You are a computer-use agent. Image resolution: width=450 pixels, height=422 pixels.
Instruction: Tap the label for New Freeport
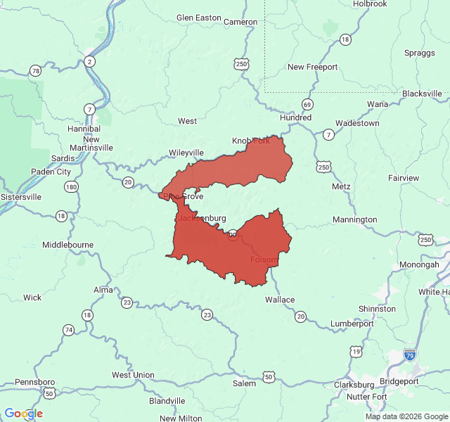pos(312,67)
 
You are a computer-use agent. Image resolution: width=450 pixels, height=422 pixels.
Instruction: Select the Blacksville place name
pos(422,94)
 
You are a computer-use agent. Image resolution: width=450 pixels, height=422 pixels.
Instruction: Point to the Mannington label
pos(354,219)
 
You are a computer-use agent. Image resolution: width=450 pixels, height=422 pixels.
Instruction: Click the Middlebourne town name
pos(68,245)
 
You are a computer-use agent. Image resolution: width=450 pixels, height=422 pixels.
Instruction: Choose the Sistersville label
pos(20,198)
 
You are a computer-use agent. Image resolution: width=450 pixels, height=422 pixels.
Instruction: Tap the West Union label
pos(133,375)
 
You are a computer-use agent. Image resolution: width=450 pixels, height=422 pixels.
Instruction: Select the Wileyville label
pos(186,153)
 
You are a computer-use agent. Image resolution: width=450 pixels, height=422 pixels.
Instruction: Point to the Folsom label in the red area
pos(264,260)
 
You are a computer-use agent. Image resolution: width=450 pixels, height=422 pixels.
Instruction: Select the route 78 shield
pos(35,70)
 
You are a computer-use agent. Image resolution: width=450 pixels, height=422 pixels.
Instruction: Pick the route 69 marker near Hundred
pos(307,104)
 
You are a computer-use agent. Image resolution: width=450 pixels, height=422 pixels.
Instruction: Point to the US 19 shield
pos(356,350)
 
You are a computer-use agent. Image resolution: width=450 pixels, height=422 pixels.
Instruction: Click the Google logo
pos(23,414)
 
